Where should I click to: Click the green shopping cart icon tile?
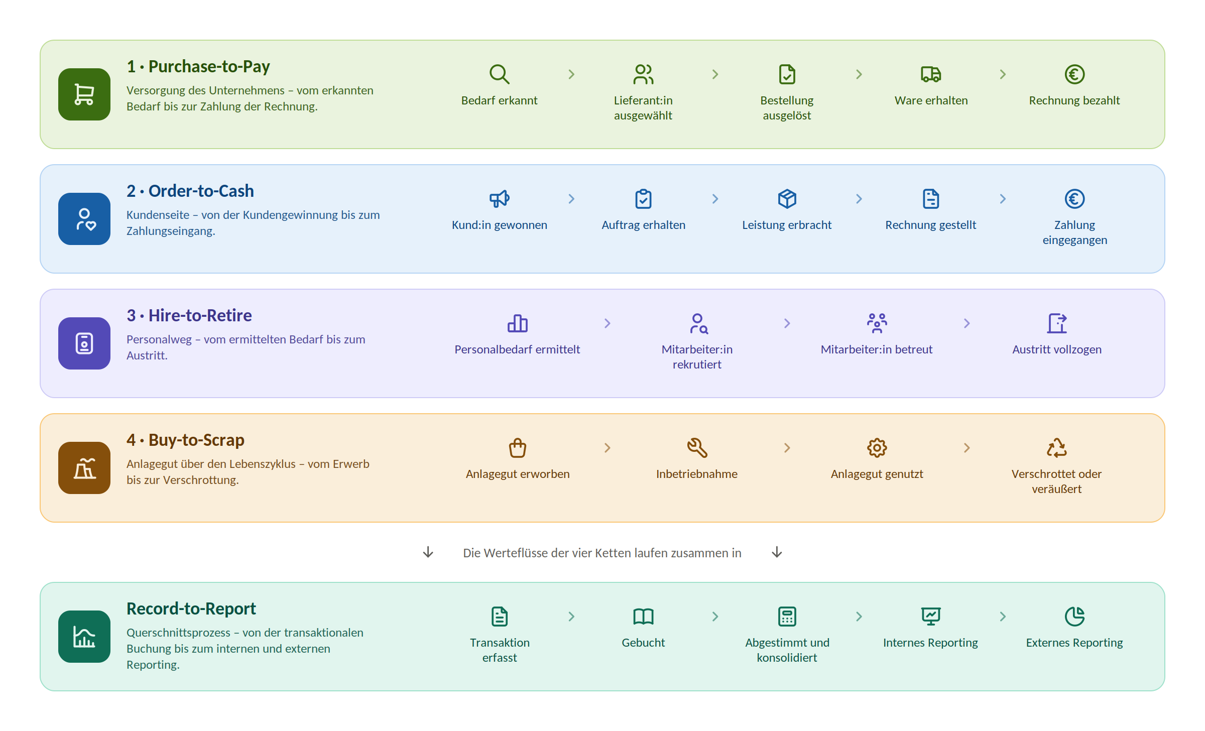(84, 94)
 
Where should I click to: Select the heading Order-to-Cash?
(201, 191)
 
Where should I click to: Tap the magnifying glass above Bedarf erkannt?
(500, 74)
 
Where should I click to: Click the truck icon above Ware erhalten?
(931, 74)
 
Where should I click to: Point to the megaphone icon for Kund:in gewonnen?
(500, 199)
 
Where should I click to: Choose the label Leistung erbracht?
(787, 225)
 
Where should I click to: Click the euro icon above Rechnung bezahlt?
(1074, 74)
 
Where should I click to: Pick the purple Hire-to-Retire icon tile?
(84, 343)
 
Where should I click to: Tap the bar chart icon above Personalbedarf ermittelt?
(518, 323)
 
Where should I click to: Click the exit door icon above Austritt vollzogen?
(1057, 323)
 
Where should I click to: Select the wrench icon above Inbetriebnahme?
(697, 448)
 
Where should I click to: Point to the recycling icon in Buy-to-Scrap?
(1057, 448)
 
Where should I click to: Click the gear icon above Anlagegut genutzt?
(877, 448)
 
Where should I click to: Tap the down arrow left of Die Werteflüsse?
(428, 552)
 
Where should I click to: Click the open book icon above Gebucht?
(643, 617)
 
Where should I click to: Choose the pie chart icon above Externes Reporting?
(1074, 617)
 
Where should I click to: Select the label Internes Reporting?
(930, 643)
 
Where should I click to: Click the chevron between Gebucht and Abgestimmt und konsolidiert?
(715, 617)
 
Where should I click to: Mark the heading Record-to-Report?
(191, 608)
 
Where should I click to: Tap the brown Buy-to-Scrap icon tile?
(84, 468)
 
